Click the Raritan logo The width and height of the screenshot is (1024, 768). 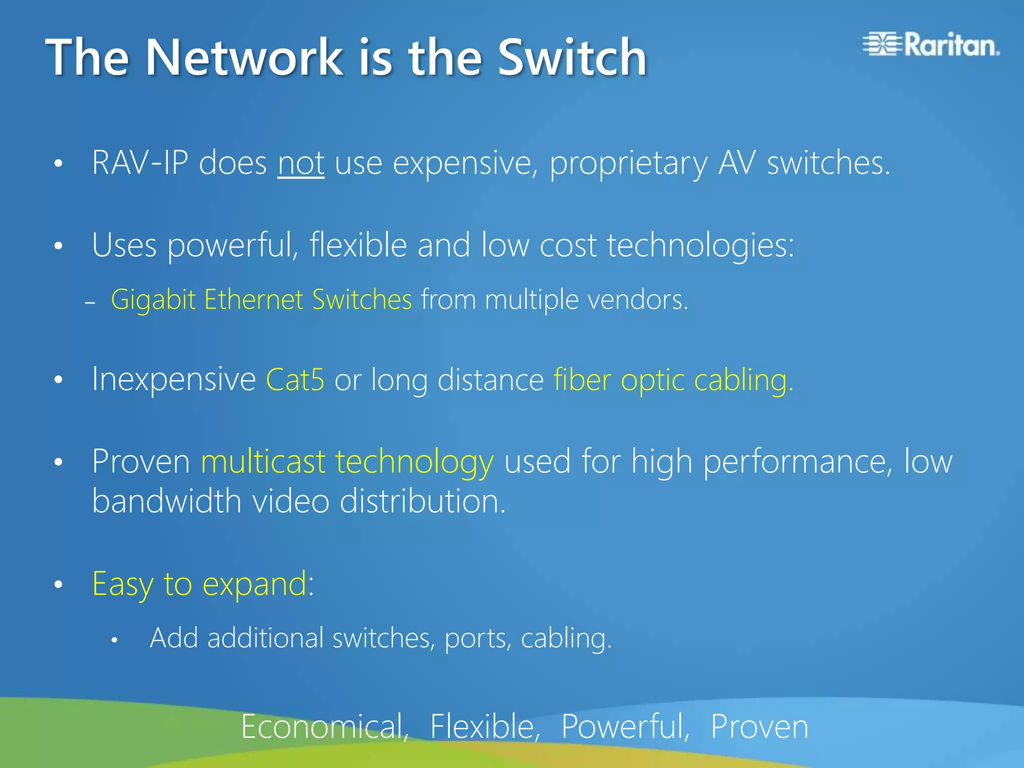(x=931, y=44)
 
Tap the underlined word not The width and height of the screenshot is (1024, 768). (x=301, y=163)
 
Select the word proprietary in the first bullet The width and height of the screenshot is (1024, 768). (x=628, y=164)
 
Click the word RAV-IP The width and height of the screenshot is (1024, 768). (x=140, y=163)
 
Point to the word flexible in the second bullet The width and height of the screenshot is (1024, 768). (x=358, y=245)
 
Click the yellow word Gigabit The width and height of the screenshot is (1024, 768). (x=153, y=300)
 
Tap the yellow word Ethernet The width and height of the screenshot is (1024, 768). (x=253, y=299)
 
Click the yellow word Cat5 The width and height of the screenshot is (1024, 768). (x=295, y=379)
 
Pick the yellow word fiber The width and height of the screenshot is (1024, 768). (x=582, y=379)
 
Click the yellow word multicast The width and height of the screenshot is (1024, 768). (x=263, y=461)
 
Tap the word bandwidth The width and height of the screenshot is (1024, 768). (x=167, y=501)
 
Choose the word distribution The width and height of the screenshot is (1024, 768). (x=422, y=501)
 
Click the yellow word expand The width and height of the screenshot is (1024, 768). (x=254, y=584)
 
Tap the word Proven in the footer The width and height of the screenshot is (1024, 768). (x=759, y=726)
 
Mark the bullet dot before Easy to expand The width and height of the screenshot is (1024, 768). (x=58, y=584)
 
